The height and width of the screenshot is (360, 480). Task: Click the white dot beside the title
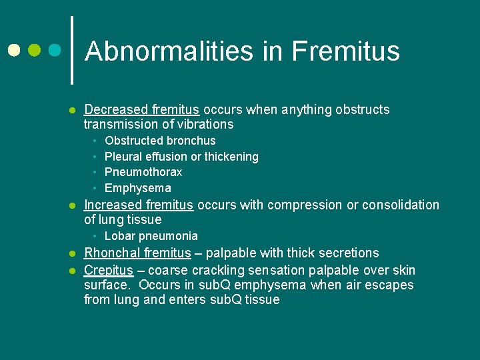click(14, 50)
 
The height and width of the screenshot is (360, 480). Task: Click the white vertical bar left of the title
click(72, 50)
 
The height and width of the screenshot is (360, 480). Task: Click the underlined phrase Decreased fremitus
click(142, 109)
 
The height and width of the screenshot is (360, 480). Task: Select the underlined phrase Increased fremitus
click(139, 205)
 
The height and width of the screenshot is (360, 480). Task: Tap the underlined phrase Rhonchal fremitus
click(137, 253)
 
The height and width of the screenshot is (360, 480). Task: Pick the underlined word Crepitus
click(107, 270)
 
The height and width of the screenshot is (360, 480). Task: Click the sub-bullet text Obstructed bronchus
click(160, 141)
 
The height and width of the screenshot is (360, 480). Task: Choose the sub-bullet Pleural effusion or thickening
click(181, 157)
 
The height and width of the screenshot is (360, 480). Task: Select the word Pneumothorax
click(143, 172)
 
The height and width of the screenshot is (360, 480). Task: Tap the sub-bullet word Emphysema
click(138, 188)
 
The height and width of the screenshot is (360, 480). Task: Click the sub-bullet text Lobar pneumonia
click(151, 236)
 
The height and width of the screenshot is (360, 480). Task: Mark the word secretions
click(349, 253)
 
